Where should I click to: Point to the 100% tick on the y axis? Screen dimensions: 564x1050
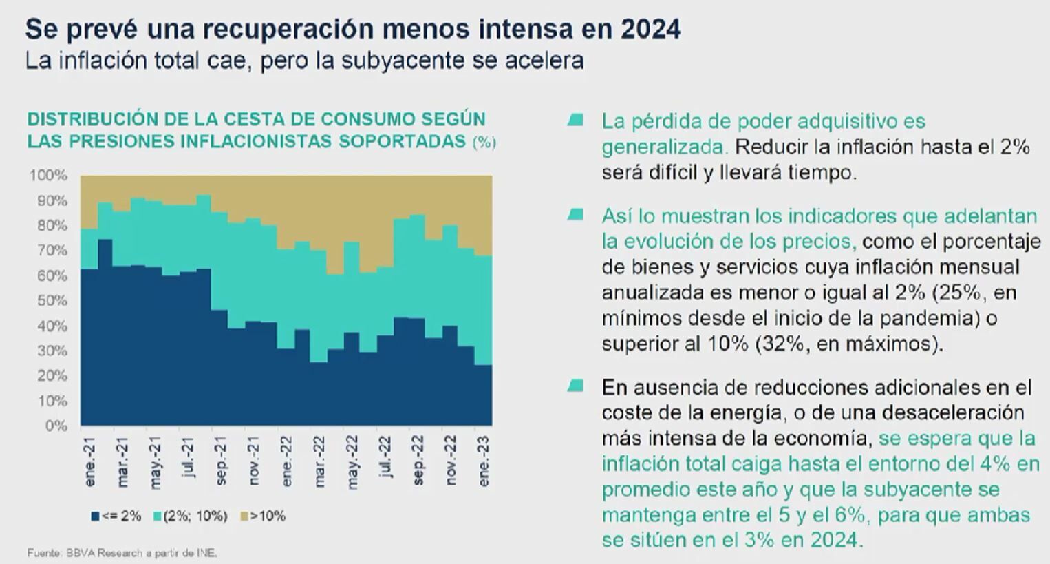click(48, 176)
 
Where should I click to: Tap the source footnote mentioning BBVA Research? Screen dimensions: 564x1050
click(122, 552)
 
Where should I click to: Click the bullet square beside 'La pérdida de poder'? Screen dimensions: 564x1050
click(576, 121)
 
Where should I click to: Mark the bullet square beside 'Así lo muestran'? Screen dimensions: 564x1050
click(576, 216)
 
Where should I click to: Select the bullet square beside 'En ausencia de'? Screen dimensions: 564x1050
click(576, 386)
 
